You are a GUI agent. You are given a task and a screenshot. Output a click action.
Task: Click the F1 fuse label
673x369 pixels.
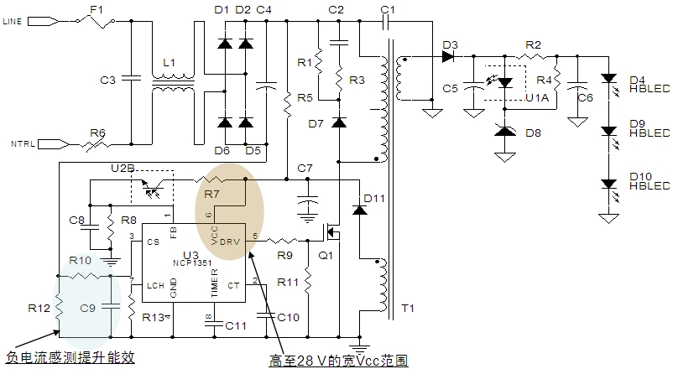click(x=95, y=10)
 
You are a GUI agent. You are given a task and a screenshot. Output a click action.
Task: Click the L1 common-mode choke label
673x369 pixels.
click(x=170, y=63)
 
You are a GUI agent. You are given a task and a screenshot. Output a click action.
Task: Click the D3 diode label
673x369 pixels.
click(x=450, y=44)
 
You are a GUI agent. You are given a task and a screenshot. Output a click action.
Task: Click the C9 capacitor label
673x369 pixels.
click(x=87, y=308)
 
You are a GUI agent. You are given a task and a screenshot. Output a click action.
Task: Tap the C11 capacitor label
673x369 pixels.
click(x=237, y=324)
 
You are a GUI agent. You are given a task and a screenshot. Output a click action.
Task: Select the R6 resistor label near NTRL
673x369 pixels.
click(x=98, y=132)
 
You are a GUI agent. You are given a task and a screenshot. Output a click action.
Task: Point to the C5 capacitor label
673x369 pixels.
click(x=451, y=87)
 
